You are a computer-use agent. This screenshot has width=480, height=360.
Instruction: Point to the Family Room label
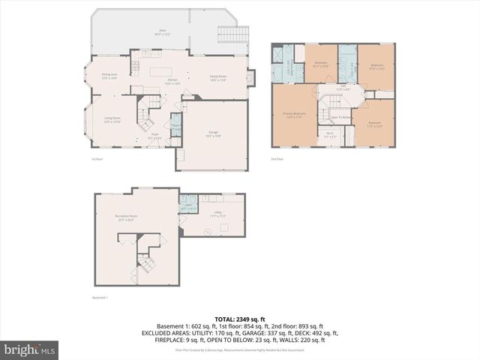[218, 77]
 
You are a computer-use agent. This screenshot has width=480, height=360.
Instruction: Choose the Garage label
[214, 133]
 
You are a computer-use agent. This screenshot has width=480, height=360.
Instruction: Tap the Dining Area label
[109, 76]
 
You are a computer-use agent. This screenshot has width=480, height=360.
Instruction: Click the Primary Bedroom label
[292, 115]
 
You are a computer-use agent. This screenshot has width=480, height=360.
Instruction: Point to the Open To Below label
[341, 118]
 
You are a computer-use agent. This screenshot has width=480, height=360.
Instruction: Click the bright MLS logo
[30, 349]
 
